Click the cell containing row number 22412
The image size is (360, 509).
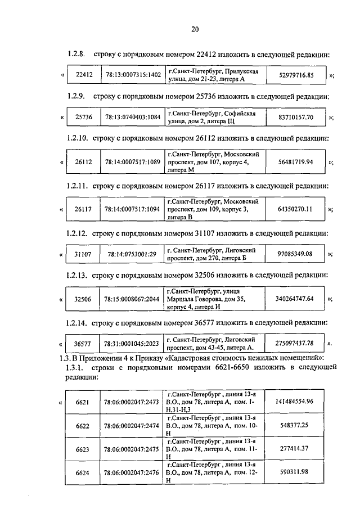[84, 75]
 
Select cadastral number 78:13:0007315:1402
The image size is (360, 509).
[132, 75]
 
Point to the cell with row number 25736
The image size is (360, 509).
[84, 118]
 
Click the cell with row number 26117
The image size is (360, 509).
[84, 209]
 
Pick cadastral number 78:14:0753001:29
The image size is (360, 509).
[132, 254]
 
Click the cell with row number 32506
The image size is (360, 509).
[84, 299]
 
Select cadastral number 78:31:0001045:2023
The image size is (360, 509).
[132, 344]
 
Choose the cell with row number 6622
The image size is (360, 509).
[83, 427]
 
